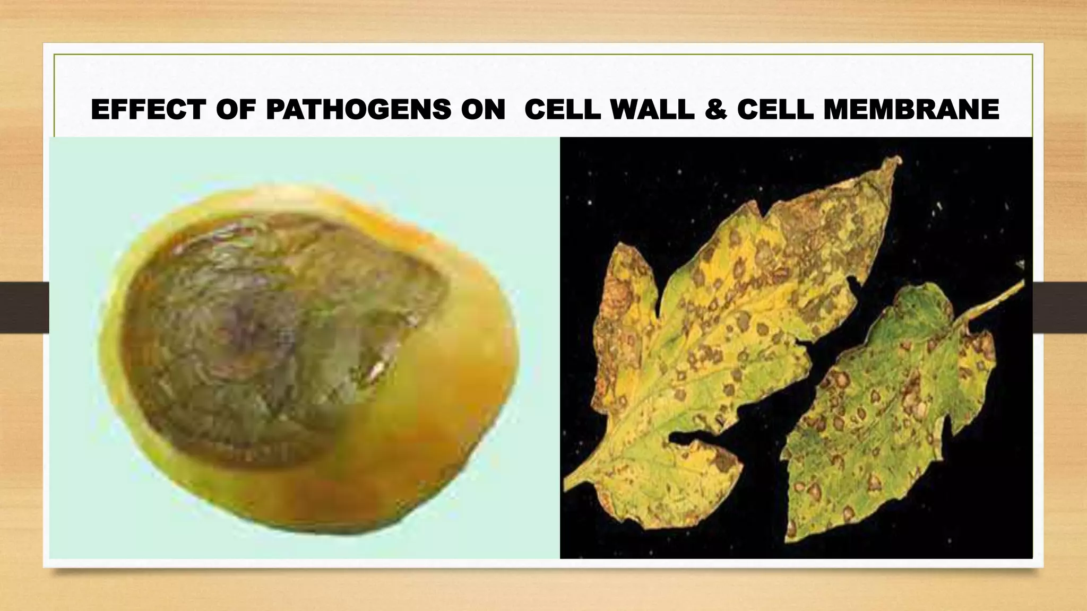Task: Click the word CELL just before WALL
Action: click(x=563, y=110)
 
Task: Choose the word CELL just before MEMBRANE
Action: click(x=775, y=110)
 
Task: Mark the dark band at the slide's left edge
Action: click(x=24, y=308)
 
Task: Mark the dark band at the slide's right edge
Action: click(x=1059, y=308)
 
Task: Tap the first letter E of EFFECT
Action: click(x=99, y=110)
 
